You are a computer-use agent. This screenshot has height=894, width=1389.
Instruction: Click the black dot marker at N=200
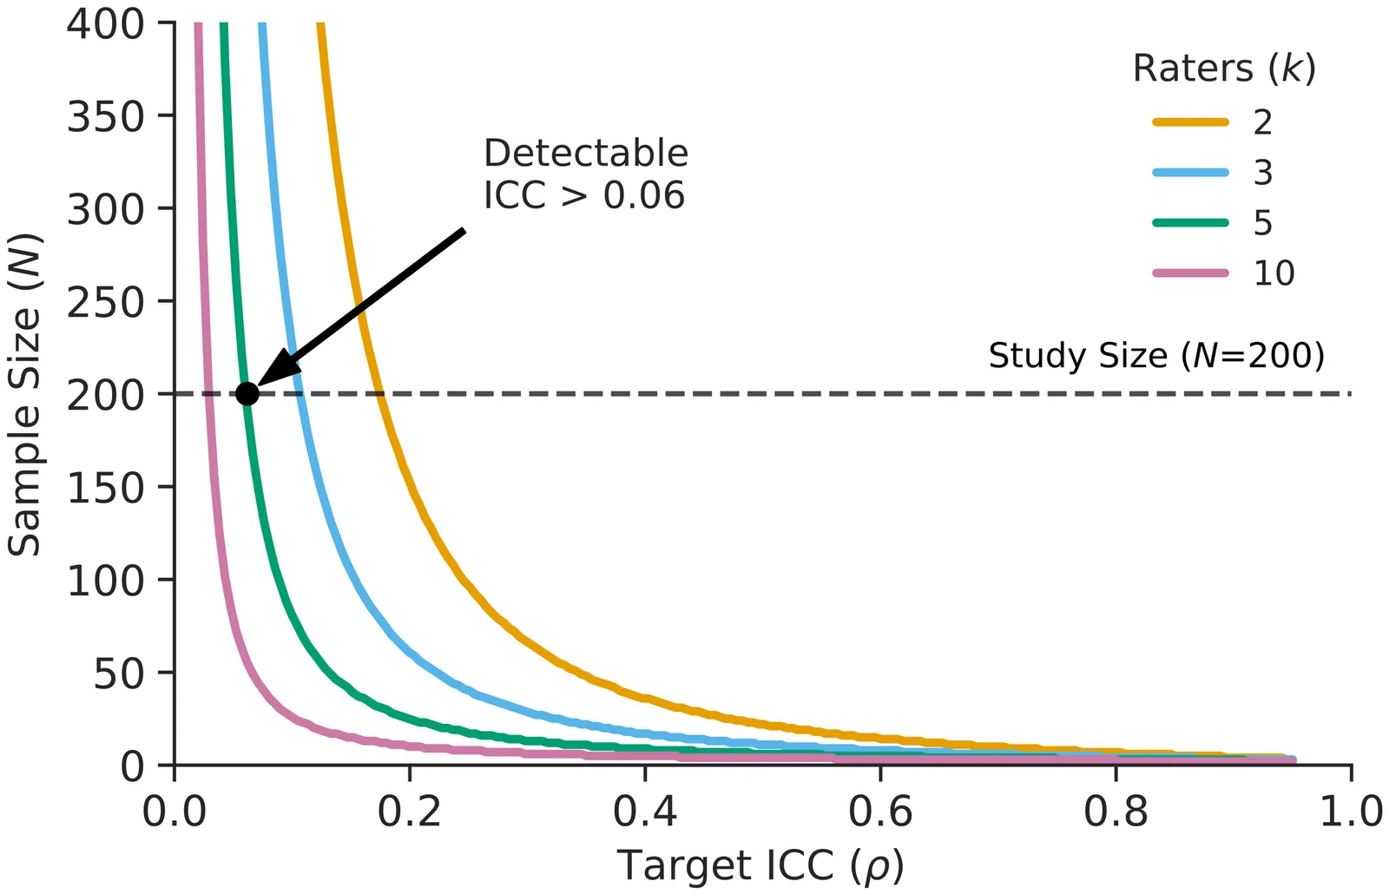(247, 393)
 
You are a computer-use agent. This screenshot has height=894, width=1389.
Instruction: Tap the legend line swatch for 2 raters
(1190, 122)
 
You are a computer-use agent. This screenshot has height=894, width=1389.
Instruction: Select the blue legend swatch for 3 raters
(1190, 173)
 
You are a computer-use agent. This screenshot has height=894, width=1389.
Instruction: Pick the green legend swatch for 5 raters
(1190, 223)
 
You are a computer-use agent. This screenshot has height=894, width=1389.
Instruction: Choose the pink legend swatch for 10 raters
(1190, 273)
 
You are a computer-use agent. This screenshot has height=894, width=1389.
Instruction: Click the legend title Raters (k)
(1224, 69)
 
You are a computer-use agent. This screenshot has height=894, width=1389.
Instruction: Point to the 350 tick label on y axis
(105, 116)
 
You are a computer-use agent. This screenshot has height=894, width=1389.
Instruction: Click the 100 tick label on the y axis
(105, 580)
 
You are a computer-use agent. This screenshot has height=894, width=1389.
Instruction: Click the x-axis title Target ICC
(760, 866)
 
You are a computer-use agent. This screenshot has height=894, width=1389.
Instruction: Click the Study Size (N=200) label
(1156, 356)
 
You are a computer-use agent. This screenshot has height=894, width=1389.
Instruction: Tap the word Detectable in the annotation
(586, 154)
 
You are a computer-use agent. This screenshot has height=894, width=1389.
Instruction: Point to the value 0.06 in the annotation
(644, 196)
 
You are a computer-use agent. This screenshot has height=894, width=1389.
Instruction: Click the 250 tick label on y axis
(105, 302)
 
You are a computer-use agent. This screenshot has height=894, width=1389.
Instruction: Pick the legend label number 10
(1274, 273)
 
